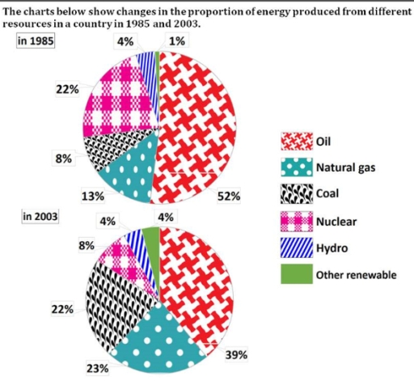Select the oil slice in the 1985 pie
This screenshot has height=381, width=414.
(x=198, y=121)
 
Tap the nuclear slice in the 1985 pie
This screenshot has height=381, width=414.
(x=121, y=105)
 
